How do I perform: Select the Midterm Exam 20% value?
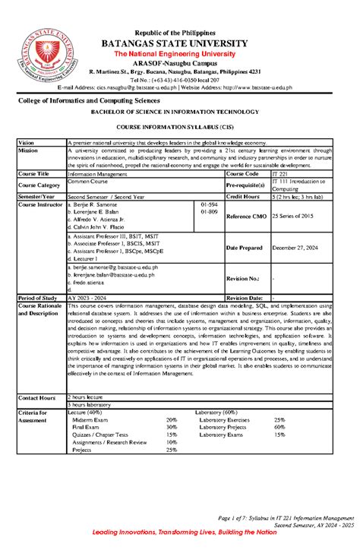[172, 419]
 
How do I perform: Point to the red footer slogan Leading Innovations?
[179, 533]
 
